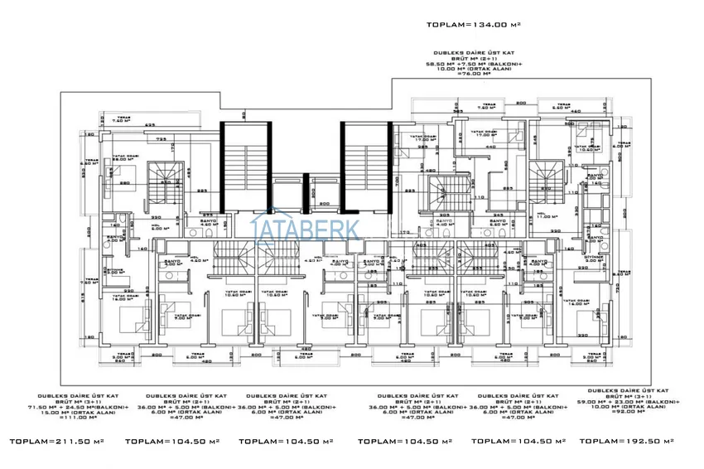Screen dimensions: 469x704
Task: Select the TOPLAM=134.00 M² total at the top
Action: [x=473, y=26]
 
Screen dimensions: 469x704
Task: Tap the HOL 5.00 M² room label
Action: [x=156, y=225]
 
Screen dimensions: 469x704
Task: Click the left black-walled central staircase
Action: [x=245, y=166]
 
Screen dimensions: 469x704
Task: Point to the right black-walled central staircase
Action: [x=365, y=166]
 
